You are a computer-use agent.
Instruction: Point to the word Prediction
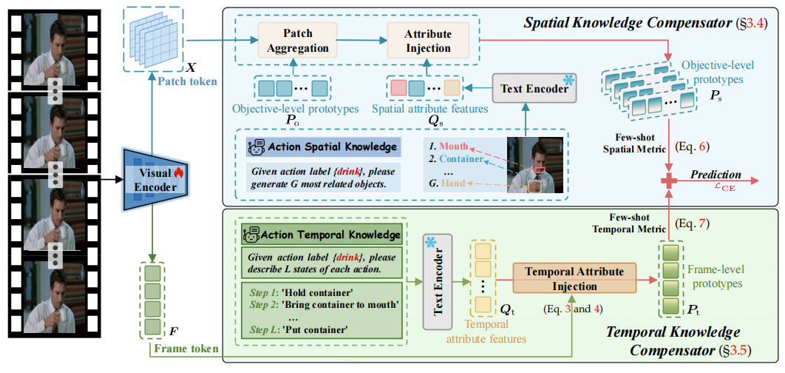[716, 175]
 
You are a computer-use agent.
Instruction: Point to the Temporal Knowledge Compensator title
[672, 341]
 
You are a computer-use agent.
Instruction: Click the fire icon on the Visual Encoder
[177, 172]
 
